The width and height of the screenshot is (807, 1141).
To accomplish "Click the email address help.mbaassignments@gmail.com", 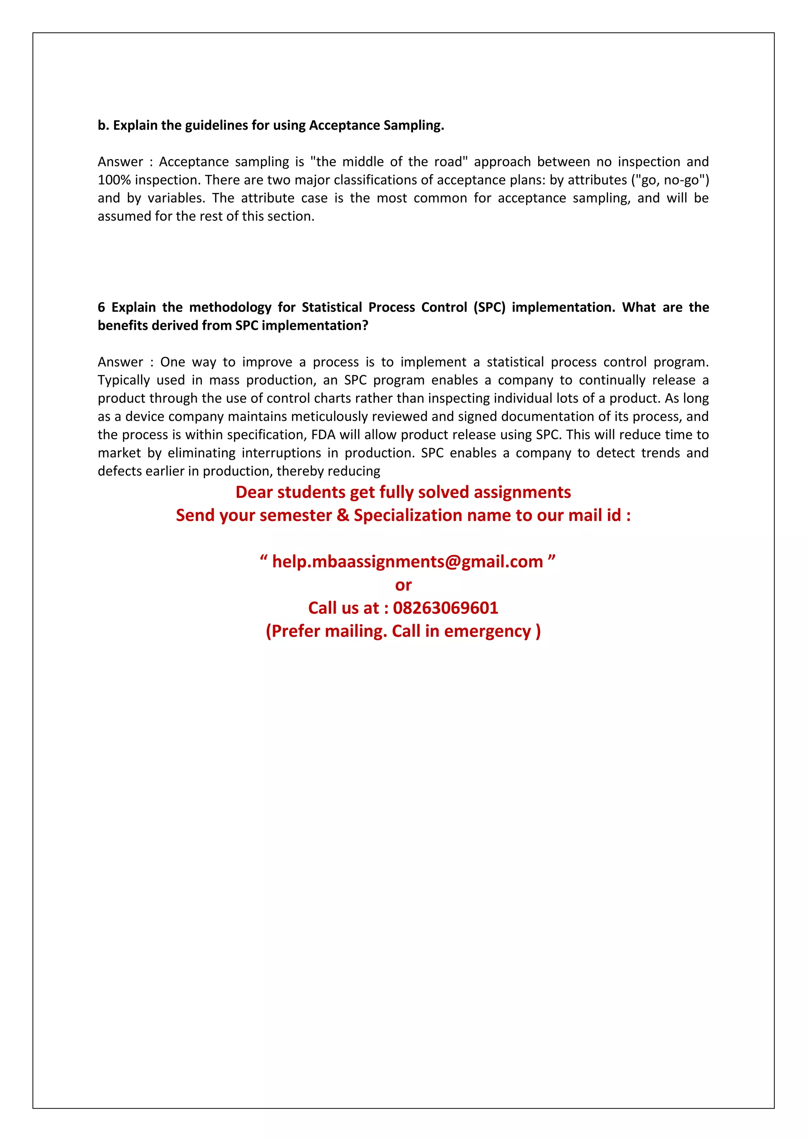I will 407,561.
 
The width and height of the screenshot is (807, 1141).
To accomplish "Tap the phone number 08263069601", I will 445,608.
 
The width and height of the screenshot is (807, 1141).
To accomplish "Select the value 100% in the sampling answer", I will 114,180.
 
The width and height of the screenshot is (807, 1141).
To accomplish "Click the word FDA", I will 324,435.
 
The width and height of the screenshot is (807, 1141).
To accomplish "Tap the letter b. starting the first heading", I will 103,125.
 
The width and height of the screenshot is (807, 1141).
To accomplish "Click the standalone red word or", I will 403,585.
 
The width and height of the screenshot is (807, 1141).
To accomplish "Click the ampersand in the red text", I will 343,515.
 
